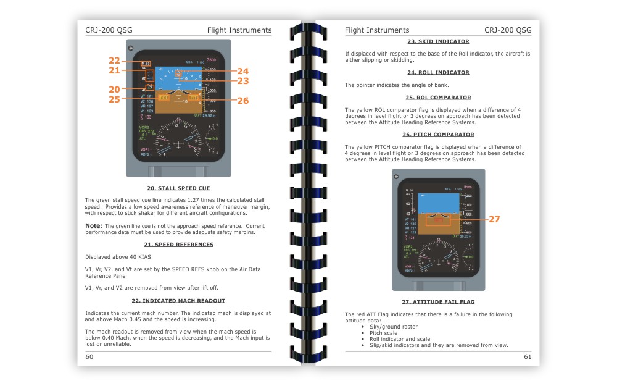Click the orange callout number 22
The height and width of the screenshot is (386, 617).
coord(114,61)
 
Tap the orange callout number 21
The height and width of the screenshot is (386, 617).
coord(114,71)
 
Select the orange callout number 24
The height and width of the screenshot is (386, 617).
coord(242,71)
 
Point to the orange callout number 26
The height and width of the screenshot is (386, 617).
coord(242,100)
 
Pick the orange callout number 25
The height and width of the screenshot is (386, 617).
coord(114,99)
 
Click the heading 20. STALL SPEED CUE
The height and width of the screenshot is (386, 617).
coord(178,188)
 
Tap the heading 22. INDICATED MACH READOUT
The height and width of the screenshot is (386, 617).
coord(178,301)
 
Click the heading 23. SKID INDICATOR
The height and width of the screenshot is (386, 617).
coord(438,41)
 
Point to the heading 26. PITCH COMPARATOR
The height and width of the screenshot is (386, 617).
coord(438,135)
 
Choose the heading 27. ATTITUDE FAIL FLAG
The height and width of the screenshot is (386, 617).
coord(438,302)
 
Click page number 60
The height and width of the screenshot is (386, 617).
coord(89,356)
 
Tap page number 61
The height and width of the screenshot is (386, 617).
coord(527,356)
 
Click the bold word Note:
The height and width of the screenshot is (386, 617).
coord(93,226)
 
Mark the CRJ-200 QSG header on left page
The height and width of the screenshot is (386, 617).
coord(109,30)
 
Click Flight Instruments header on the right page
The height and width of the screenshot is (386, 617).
coord(376,30)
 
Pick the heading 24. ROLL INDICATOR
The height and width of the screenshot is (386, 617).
coord(438,72)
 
